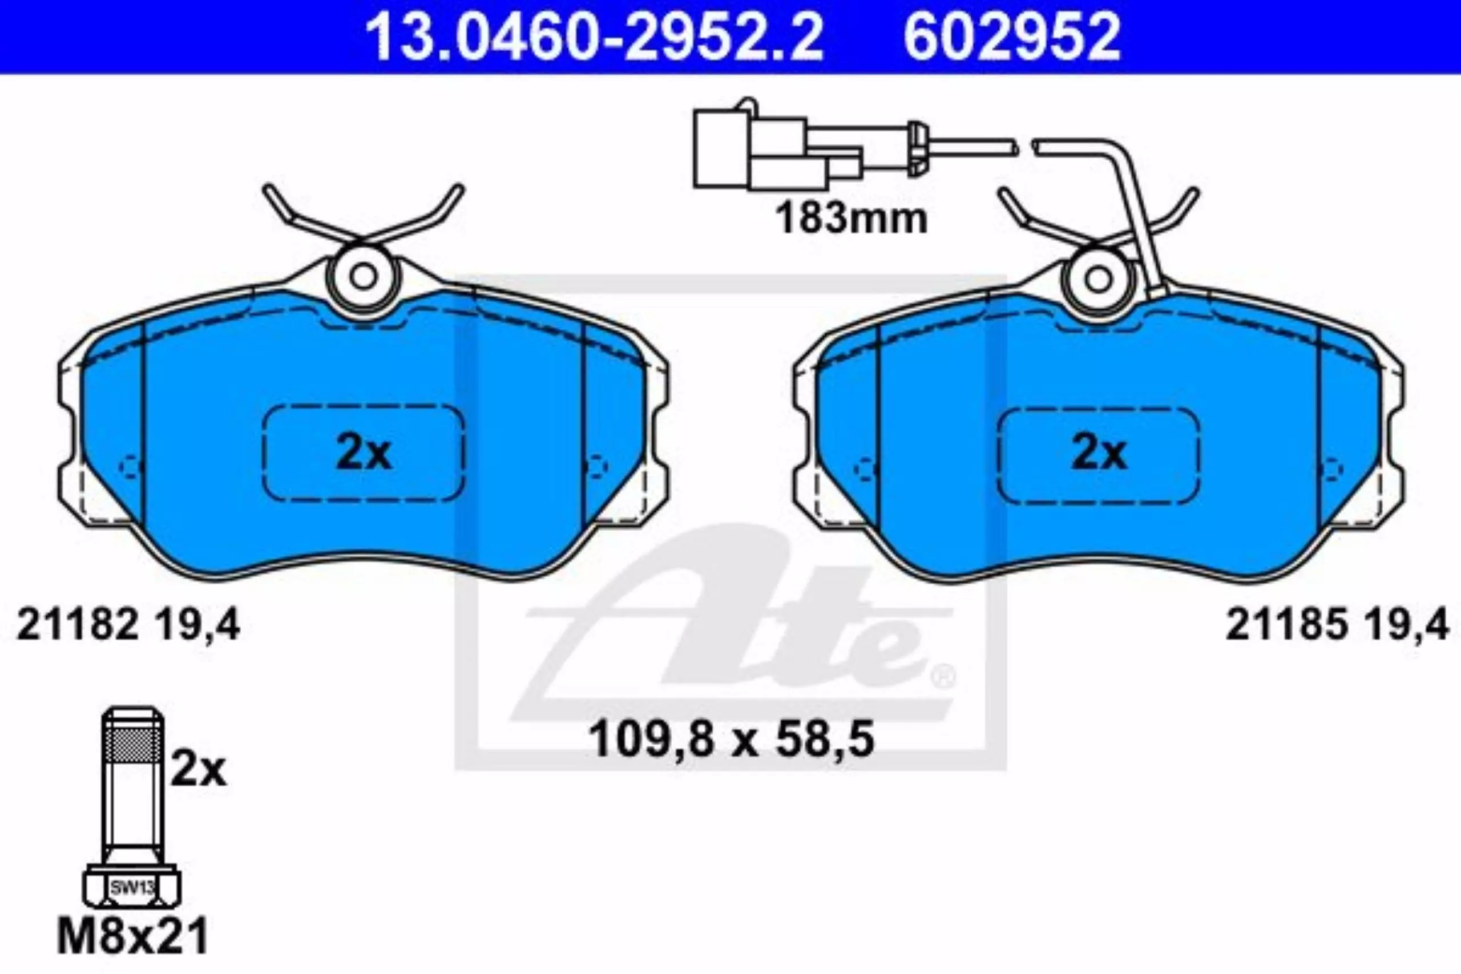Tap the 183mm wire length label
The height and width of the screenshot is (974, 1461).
pyautogui.click(x=851, y=219)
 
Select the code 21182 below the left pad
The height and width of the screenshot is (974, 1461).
pyautogui.click(x=78, y=625)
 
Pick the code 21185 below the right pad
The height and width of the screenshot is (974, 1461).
pyautogui.click(x=1286, y=625)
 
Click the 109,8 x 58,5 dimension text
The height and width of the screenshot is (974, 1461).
pyautogui.click(x=731, y=739)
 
